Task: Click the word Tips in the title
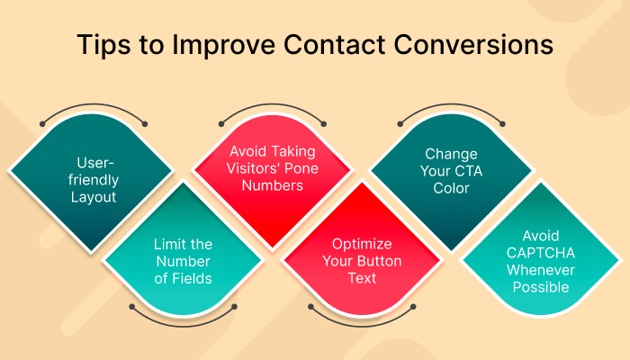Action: (103, 44)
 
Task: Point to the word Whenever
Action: (540, 271)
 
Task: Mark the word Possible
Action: (540, 287)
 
